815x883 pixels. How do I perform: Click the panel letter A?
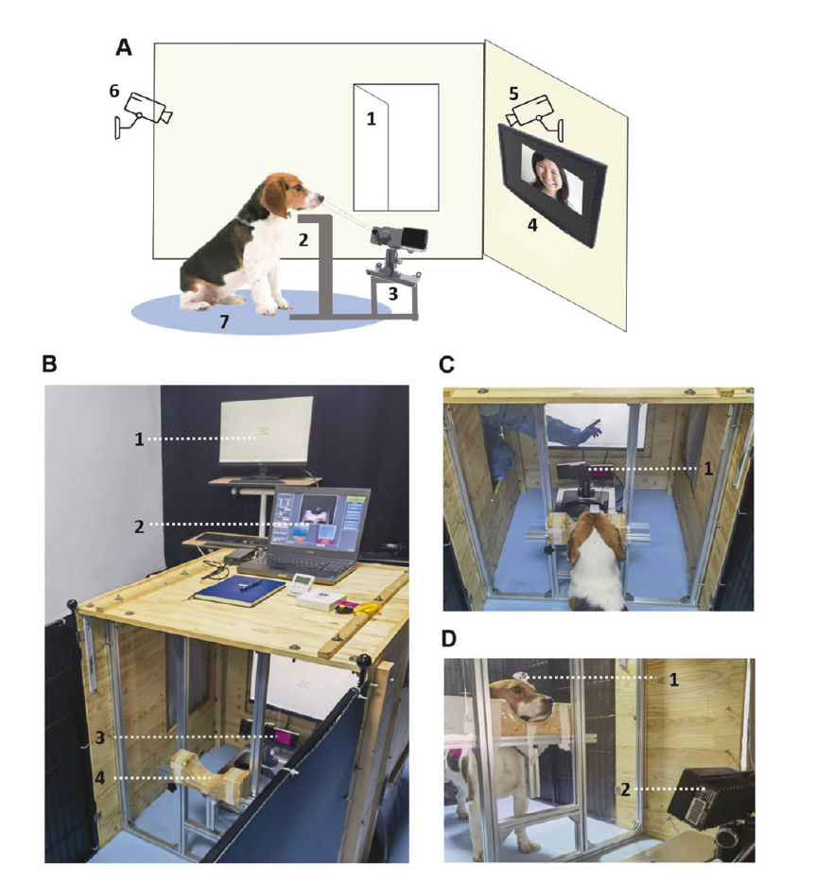[x=123, y=46]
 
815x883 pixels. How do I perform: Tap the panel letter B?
[x=53, y=363]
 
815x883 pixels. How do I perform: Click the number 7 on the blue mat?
[x=224, y=321]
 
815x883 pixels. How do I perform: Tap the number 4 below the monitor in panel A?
[x=533, y=228]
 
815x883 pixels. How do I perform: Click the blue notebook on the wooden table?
[x=238, y=591]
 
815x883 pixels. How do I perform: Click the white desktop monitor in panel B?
[x=266, y=431]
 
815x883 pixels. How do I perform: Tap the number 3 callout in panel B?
[x=100, y=736]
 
